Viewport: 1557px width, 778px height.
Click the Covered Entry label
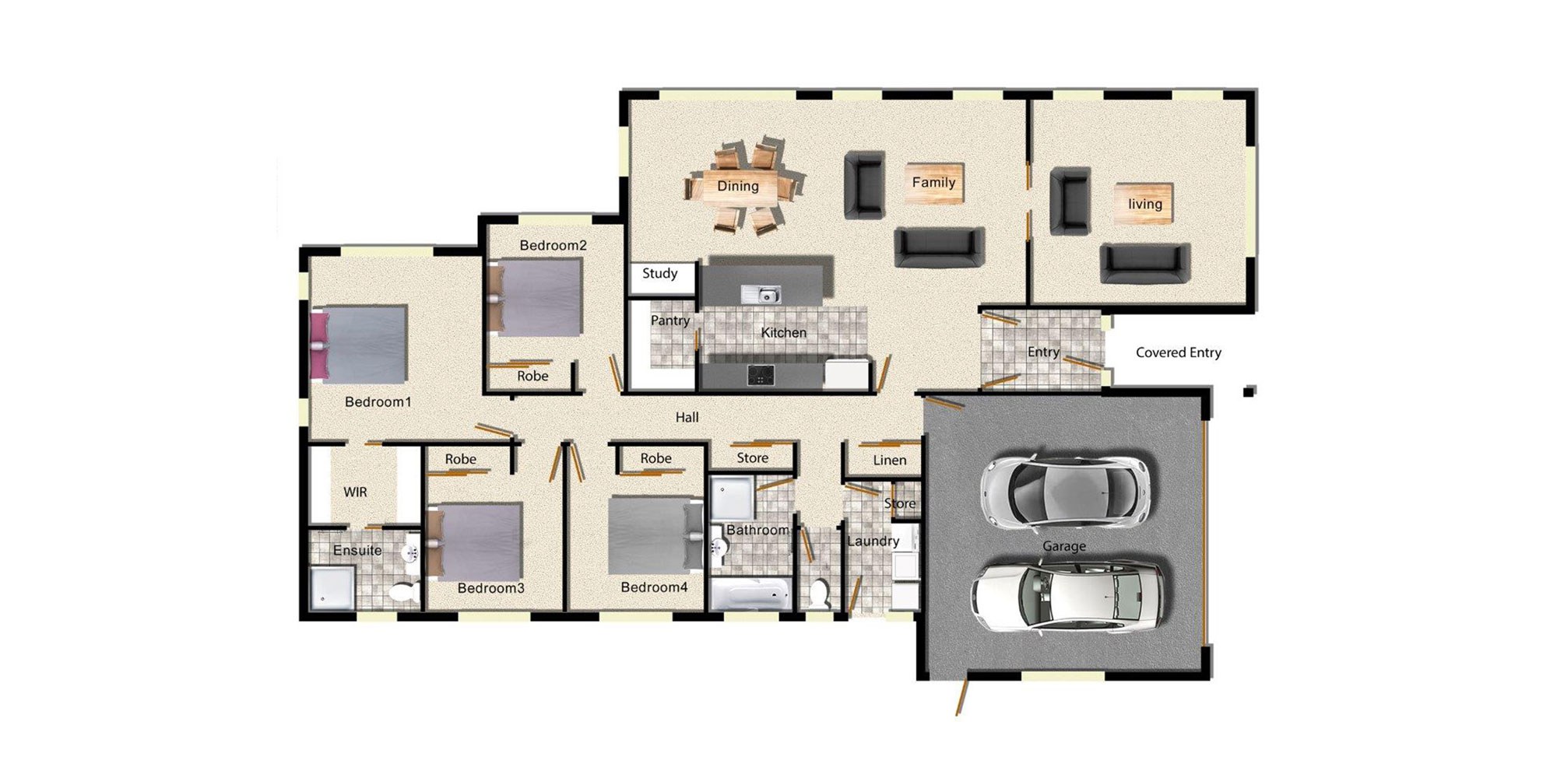1178,352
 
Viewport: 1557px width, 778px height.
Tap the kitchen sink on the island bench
761,295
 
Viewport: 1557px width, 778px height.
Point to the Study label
659,274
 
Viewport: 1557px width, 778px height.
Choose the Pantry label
670,321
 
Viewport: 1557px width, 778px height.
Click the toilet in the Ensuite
402,593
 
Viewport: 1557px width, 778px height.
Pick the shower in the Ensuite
332,589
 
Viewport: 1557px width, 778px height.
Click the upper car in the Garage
1064,492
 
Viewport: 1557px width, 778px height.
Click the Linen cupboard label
889,461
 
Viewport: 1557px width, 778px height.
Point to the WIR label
355,492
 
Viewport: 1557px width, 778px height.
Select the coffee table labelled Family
933,184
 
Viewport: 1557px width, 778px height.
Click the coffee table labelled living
1144,204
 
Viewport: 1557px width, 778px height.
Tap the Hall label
687,418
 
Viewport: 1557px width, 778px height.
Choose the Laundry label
873,541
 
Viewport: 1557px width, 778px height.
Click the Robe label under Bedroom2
532,377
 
